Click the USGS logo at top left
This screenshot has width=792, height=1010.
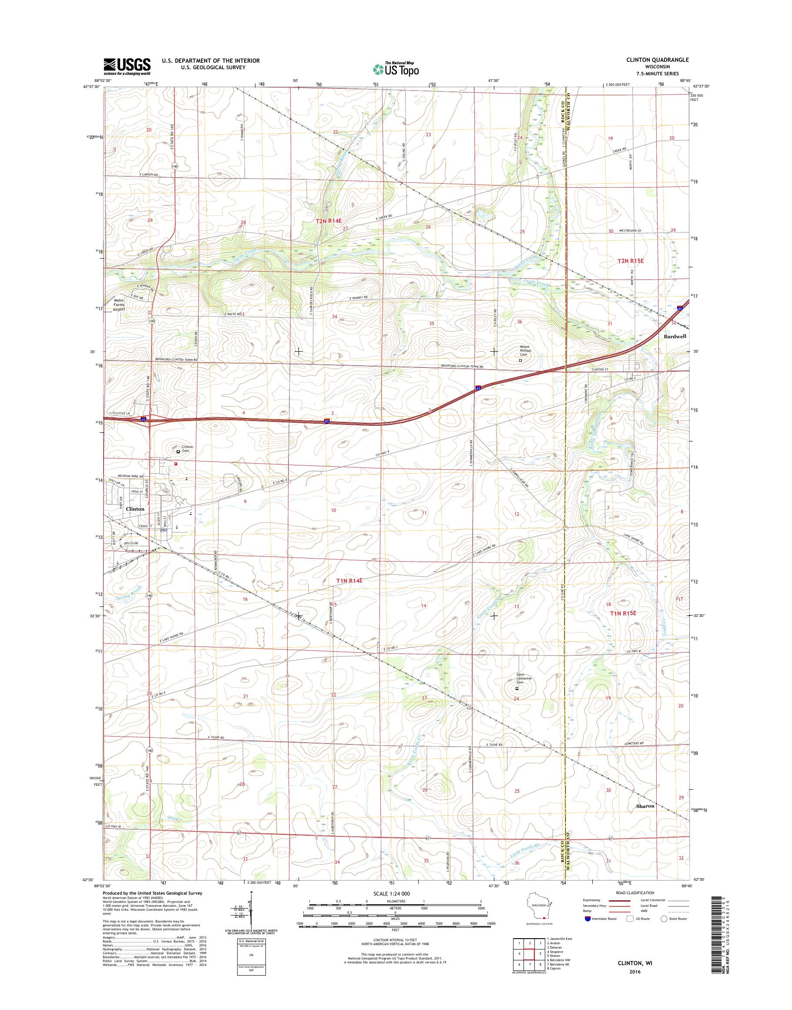click(127, 66)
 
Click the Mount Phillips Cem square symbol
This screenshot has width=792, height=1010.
click(520, 360)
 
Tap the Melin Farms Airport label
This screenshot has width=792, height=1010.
click(119, 305)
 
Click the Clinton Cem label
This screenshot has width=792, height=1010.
click(187, 448)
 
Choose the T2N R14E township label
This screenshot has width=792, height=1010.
click(332, 222)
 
